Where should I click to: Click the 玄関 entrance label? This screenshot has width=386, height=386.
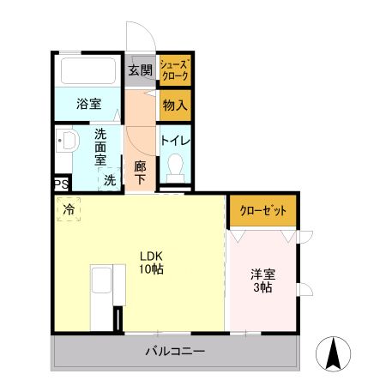pyautogui.click(x=140, y=70)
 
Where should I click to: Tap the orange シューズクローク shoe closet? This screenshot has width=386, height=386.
pyautogui.click(x=175, y=71)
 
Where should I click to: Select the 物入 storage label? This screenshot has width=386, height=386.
pyautogui.click(x=175, y=107)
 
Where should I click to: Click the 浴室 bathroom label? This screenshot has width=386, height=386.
pyautogui.click(x=88, y=105)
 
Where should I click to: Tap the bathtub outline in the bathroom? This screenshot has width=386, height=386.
pyautogui.click(x=90, y=71)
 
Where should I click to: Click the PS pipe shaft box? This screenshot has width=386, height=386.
pyautogui.click(x=60, y=184)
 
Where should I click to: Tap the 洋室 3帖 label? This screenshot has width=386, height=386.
pyautogui.click(x=262, y=281)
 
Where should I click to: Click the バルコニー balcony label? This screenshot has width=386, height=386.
pyautogui.click(x=174, y=352)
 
